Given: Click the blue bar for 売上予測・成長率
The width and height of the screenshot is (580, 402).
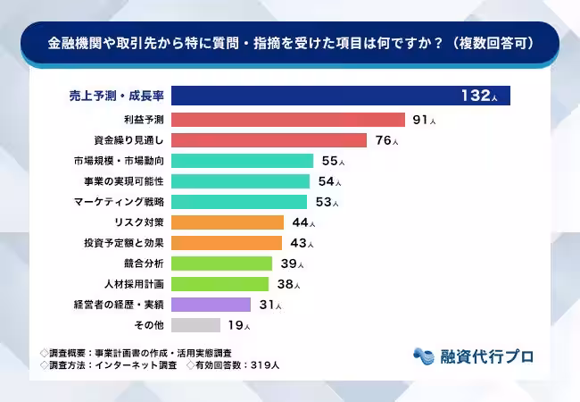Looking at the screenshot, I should point(340,96).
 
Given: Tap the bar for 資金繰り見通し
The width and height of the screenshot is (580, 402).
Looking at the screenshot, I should point(269,140).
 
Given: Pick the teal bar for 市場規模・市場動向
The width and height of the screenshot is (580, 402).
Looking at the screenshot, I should point(242,161).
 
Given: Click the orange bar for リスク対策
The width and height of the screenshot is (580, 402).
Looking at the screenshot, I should point(227,222).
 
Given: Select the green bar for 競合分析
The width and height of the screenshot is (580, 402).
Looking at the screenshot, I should point(221,264).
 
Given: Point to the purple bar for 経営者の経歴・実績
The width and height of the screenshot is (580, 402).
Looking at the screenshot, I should point(211,305).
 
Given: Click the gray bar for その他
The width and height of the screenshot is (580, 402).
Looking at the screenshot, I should point(195,325).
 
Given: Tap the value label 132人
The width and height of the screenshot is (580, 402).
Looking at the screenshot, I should point(482,96).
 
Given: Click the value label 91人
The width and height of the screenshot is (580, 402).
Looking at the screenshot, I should point(425,120).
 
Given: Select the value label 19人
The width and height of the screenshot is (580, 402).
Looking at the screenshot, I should point(237,325).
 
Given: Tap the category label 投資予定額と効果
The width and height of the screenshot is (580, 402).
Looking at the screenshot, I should point(122,243).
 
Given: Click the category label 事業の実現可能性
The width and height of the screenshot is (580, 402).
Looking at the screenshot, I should point(122,181).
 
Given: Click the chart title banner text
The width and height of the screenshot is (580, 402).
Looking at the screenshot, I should point(290,43).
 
